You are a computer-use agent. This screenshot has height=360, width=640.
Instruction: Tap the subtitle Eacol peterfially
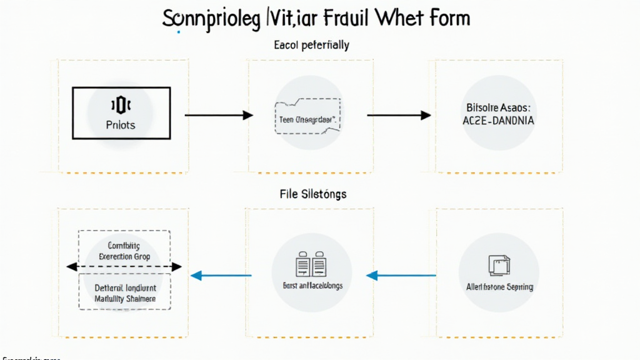[x=311, y=45]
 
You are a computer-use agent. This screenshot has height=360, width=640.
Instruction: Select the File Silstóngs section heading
[x=313, y=194]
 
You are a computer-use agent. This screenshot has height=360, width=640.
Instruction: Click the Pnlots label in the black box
[x=121, y=125]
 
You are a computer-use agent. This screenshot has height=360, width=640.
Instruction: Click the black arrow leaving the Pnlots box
[x=219, y=115]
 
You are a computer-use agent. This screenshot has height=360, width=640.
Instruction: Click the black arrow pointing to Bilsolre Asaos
[x=398, y=115]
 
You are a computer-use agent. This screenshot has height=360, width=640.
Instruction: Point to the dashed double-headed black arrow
[x=124, y=267]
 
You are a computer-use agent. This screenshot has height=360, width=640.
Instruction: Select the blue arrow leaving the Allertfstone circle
[x=401, y=275]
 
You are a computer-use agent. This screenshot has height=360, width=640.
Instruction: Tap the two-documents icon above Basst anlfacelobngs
[x=311, y=265]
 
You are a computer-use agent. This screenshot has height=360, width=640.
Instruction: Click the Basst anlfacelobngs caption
[x=312, y=286]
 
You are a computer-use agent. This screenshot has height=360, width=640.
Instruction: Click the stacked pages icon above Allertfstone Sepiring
[x=499, y=265]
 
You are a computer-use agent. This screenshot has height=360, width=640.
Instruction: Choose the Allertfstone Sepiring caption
[x=499, y=287]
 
